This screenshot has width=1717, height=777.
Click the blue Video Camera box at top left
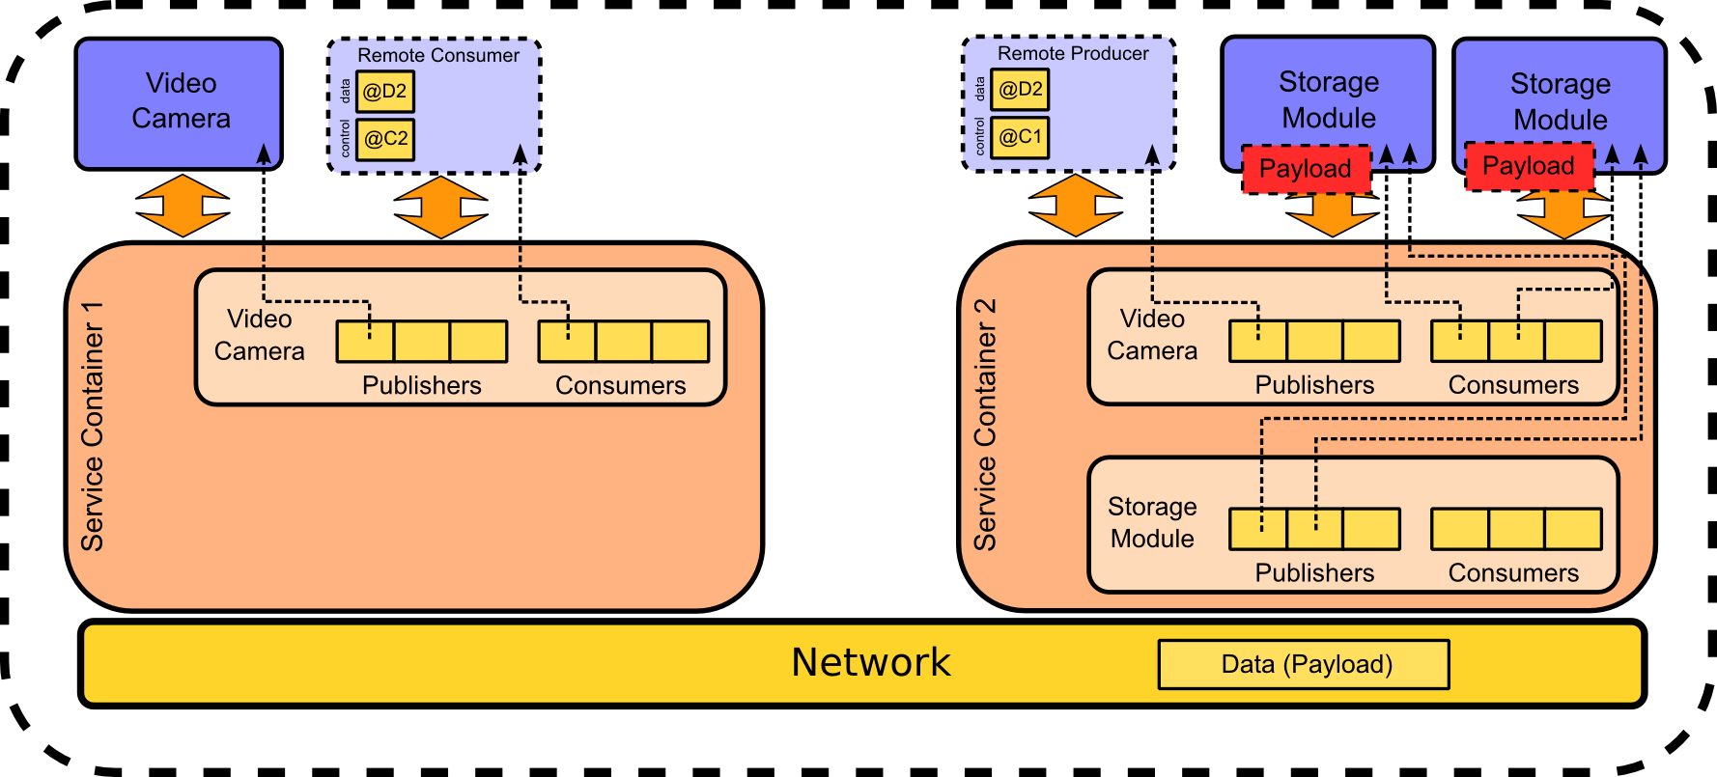[179, 101]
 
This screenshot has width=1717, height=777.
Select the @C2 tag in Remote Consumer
[385, 139]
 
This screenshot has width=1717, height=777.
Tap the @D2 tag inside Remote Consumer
[385, 92]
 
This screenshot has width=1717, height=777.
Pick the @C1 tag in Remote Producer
[1021, 137]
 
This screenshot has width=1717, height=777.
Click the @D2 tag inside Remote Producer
[1021, 90]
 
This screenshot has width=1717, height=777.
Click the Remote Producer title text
[1073, 54]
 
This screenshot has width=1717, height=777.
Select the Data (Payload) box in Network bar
[1304, 664]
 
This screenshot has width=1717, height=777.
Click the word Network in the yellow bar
[870, 662]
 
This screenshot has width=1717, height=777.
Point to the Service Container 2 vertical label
[985, 425]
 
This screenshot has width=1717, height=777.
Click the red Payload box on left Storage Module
[1306, 169]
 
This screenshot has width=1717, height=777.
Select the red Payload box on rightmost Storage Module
[1528, 166]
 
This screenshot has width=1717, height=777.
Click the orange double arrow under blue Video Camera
[183, 206]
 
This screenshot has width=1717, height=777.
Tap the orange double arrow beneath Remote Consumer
[441, 207]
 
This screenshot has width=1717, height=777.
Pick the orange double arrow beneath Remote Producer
[1076, 206]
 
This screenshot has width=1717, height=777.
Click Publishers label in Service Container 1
[421, 385]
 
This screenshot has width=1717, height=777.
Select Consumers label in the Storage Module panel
[1513, 572]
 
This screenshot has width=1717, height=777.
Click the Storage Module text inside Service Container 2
[1152, 522]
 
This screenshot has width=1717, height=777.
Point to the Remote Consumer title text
[437, 56]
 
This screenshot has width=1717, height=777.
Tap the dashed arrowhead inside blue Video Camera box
[264, 153]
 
